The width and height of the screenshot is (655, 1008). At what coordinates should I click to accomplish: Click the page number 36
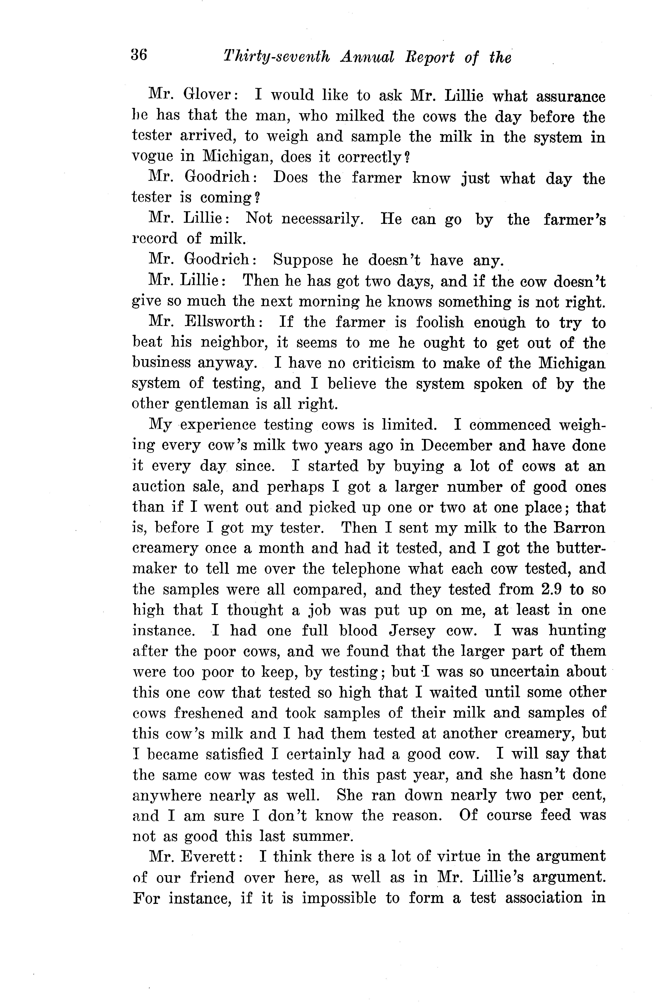coord(139,55)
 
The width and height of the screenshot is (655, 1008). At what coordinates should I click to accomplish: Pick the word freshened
coord(209,713)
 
